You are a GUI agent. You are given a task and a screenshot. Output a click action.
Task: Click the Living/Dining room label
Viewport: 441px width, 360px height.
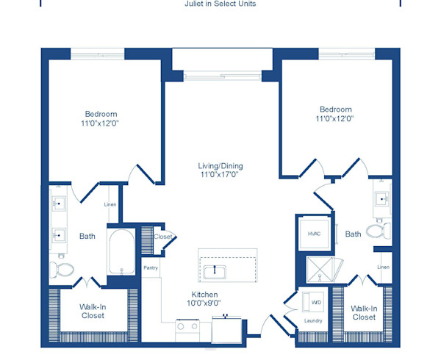click(220, 166)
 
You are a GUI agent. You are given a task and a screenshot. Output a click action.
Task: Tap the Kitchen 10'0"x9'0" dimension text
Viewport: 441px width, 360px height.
click(204, 303)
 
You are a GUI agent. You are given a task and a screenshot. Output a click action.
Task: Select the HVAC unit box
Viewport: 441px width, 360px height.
click(315, 234)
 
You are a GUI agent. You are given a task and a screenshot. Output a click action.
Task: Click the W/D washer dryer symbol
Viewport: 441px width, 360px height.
click(313, 302)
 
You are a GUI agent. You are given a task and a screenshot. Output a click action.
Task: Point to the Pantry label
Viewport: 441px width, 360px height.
click(151, 268)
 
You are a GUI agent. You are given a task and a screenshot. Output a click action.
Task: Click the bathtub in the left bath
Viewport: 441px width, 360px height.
click(122, 252)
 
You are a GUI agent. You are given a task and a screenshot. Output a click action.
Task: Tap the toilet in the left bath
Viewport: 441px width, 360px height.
click(62, 270)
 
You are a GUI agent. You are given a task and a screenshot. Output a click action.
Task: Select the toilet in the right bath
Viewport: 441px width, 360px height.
click(379, 231)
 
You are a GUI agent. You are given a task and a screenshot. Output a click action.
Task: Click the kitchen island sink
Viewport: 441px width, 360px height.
click(215, 272)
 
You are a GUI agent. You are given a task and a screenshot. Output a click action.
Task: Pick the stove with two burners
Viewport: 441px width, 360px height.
click(187, 331)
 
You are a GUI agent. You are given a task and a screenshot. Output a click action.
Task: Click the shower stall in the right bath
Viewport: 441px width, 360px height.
click(320, 269)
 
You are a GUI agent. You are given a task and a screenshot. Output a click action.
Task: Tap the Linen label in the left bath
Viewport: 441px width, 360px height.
click(110, 204)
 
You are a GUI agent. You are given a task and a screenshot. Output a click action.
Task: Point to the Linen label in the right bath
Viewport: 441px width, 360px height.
click(384, 267)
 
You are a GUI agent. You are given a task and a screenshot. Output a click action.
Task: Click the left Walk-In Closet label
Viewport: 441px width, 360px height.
click(93, 311)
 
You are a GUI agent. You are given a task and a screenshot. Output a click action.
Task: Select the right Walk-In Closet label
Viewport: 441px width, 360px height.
click(364, 313)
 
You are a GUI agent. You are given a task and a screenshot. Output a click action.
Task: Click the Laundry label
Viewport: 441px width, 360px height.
click(313, 320)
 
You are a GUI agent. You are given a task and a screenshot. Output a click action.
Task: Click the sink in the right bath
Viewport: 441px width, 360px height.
click(382, 199)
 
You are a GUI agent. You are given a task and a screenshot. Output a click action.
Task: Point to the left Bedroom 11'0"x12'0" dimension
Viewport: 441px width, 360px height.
click(100, 123)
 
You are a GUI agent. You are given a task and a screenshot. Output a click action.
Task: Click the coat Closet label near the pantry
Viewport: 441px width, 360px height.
click(163, 237)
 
